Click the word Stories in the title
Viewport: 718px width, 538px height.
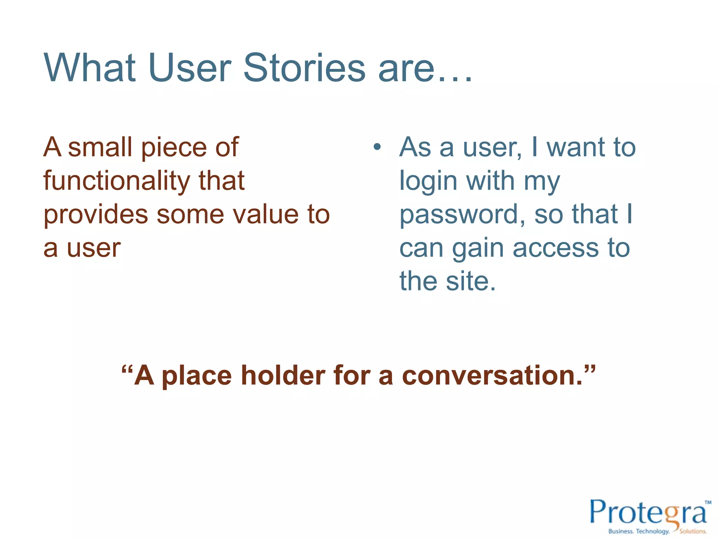pyautogui.click(x=304, y=68)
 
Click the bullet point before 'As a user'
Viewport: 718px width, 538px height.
pyautogui.click(x=377, y=147)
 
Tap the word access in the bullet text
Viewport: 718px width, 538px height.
pyautogui.click(x=556, y=248)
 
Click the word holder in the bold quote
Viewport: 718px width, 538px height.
pyautogui.click(x=283, y=375)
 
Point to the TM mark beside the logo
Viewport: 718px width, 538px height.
pyautogui.click(x=708, y=502)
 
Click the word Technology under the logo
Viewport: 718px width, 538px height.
pyautogui.click(x=652, y=531)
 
